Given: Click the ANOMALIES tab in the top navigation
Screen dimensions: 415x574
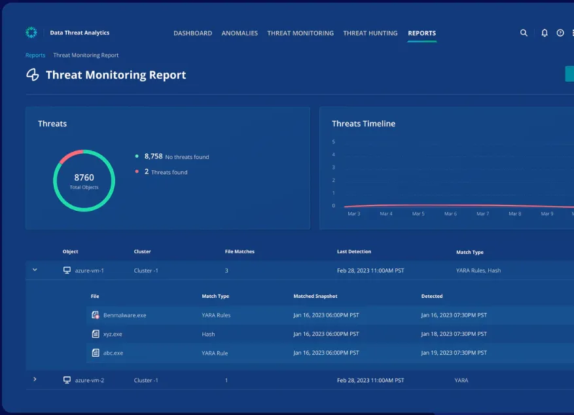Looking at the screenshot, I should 240,33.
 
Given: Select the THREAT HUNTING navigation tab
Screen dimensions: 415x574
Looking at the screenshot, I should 370,33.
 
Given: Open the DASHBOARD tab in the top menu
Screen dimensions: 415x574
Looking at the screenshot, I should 192,33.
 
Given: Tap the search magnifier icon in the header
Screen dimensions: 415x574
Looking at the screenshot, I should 524,33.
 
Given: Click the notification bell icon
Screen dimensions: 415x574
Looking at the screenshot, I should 544,33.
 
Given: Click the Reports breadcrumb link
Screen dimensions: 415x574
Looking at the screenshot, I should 35,56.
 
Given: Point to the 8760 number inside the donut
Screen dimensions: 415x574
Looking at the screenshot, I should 84,177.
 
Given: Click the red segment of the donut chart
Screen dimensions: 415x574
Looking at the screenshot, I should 71,155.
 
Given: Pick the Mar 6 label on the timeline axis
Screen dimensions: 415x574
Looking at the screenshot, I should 450,214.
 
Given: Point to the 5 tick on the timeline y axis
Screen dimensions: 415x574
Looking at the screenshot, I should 333,142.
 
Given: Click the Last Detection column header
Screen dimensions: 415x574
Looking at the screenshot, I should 353,252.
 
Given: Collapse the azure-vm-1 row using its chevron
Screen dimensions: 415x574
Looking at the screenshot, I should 35,270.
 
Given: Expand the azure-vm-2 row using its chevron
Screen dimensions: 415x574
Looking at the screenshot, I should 35,380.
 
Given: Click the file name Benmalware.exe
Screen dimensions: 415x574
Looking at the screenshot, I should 124,316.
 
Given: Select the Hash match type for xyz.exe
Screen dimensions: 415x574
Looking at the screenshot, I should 208,334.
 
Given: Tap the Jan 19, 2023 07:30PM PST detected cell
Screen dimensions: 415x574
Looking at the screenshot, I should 454,353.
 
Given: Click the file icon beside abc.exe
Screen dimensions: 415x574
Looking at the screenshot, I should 96,353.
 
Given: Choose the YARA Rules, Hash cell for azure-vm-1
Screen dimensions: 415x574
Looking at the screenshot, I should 478,270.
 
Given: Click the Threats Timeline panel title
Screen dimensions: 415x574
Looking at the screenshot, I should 363,124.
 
